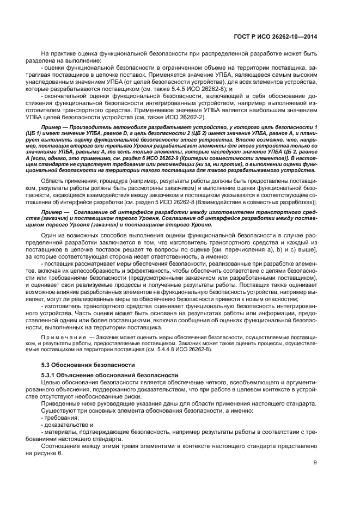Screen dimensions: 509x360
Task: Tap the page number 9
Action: (315, 463)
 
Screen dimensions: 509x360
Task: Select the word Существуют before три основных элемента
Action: (60, 410)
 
